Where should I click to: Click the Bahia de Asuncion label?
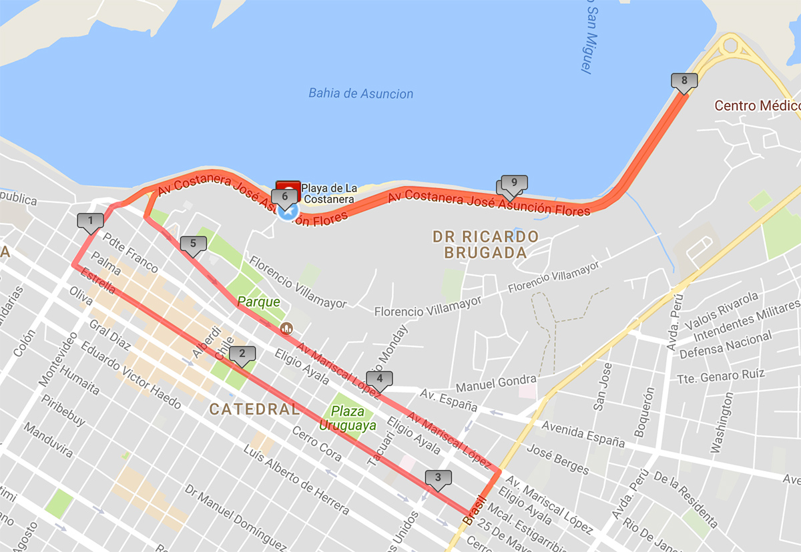(360, 93)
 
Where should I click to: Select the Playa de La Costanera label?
(328, 193)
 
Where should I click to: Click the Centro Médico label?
(756, 105)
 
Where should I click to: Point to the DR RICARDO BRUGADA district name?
(485, 244)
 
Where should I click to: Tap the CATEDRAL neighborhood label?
(254, 409)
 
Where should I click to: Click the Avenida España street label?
(583, 433)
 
